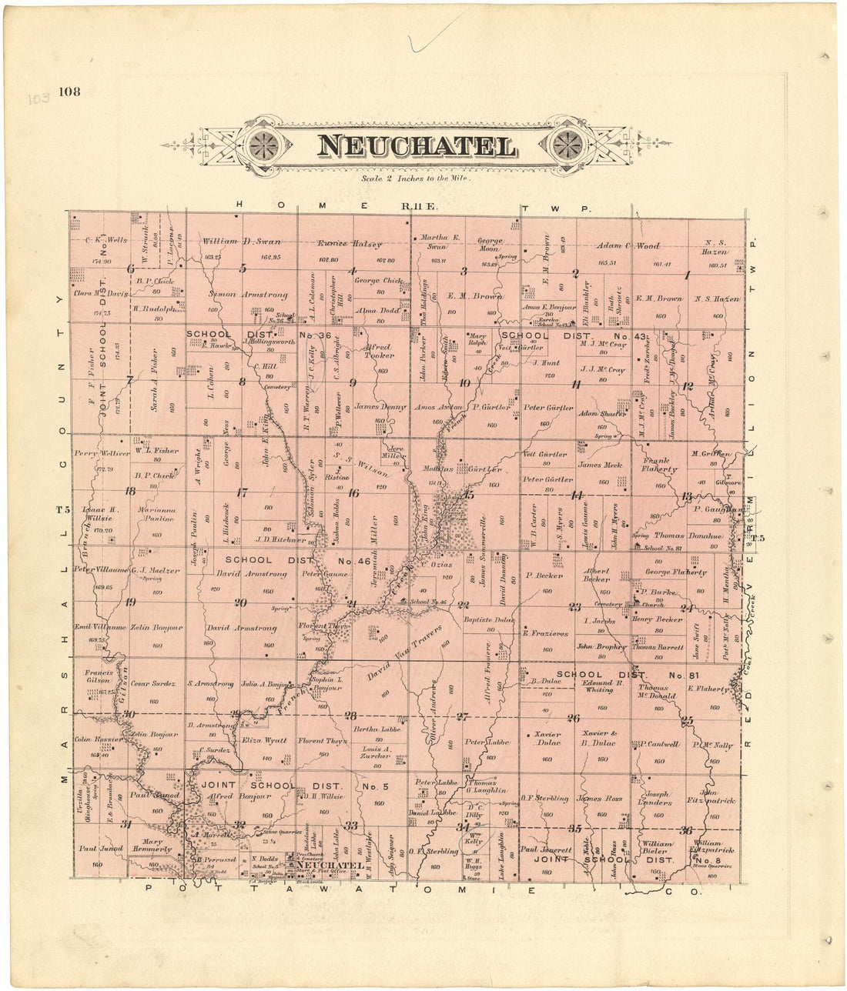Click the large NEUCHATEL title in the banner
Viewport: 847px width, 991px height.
coord(416,146)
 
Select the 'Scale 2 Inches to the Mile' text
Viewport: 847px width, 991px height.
coord(415,179)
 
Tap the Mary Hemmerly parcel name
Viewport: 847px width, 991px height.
coord(151,845)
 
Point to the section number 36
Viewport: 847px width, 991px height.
coord(685,829)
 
